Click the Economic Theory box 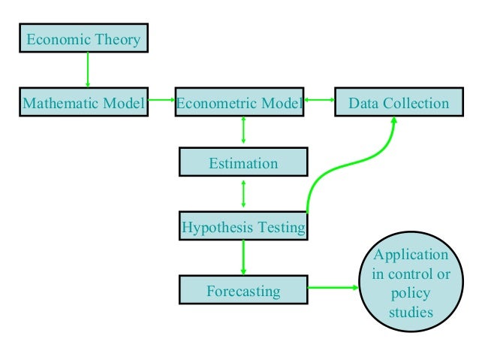(83, 38)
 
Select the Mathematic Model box (83, 103)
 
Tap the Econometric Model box (239, 103)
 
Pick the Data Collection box (398, 103)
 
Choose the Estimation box (243, 163)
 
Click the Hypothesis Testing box (243, 226)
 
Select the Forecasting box (243, 290)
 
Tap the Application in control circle (411, 283)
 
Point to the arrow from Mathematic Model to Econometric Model (161, 99)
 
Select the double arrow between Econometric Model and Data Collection (319, 99)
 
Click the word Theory (118, 39)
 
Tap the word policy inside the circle (411, 292)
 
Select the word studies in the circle (411, 310)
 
